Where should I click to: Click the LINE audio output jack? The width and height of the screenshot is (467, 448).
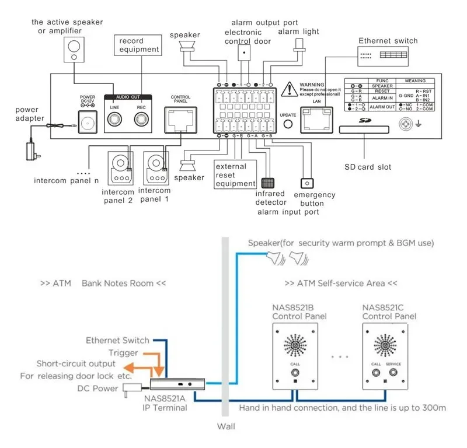click(114, 120)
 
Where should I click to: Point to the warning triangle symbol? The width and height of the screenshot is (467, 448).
click(289, 89)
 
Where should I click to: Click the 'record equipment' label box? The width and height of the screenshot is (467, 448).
click(139, 45)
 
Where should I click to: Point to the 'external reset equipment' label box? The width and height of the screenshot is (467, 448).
click(231, 175)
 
